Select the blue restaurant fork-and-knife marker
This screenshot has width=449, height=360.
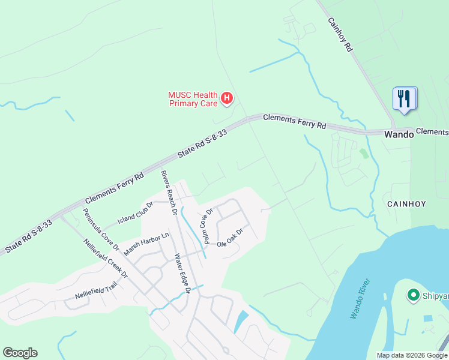404,98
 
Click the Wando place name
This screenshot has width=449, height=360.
399,135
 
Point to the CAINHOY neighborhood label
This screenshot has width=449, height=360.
406,204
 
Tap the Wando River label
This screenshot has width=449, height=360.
361,298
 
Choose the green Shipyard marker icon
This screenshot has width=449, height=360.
413,295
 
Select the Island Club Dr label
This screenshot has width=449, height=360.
136,212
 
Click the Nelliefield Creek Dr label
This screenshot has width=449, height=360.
106,259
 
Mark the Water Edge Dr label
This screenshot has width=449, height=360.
182,274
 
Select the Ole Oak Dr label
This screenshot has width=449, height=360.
230,239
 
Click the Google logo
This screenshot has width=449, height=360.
20,353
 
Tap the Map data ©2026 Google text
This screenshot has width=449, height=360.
411,355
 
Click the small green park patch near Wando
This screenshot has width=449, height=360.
364,153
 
